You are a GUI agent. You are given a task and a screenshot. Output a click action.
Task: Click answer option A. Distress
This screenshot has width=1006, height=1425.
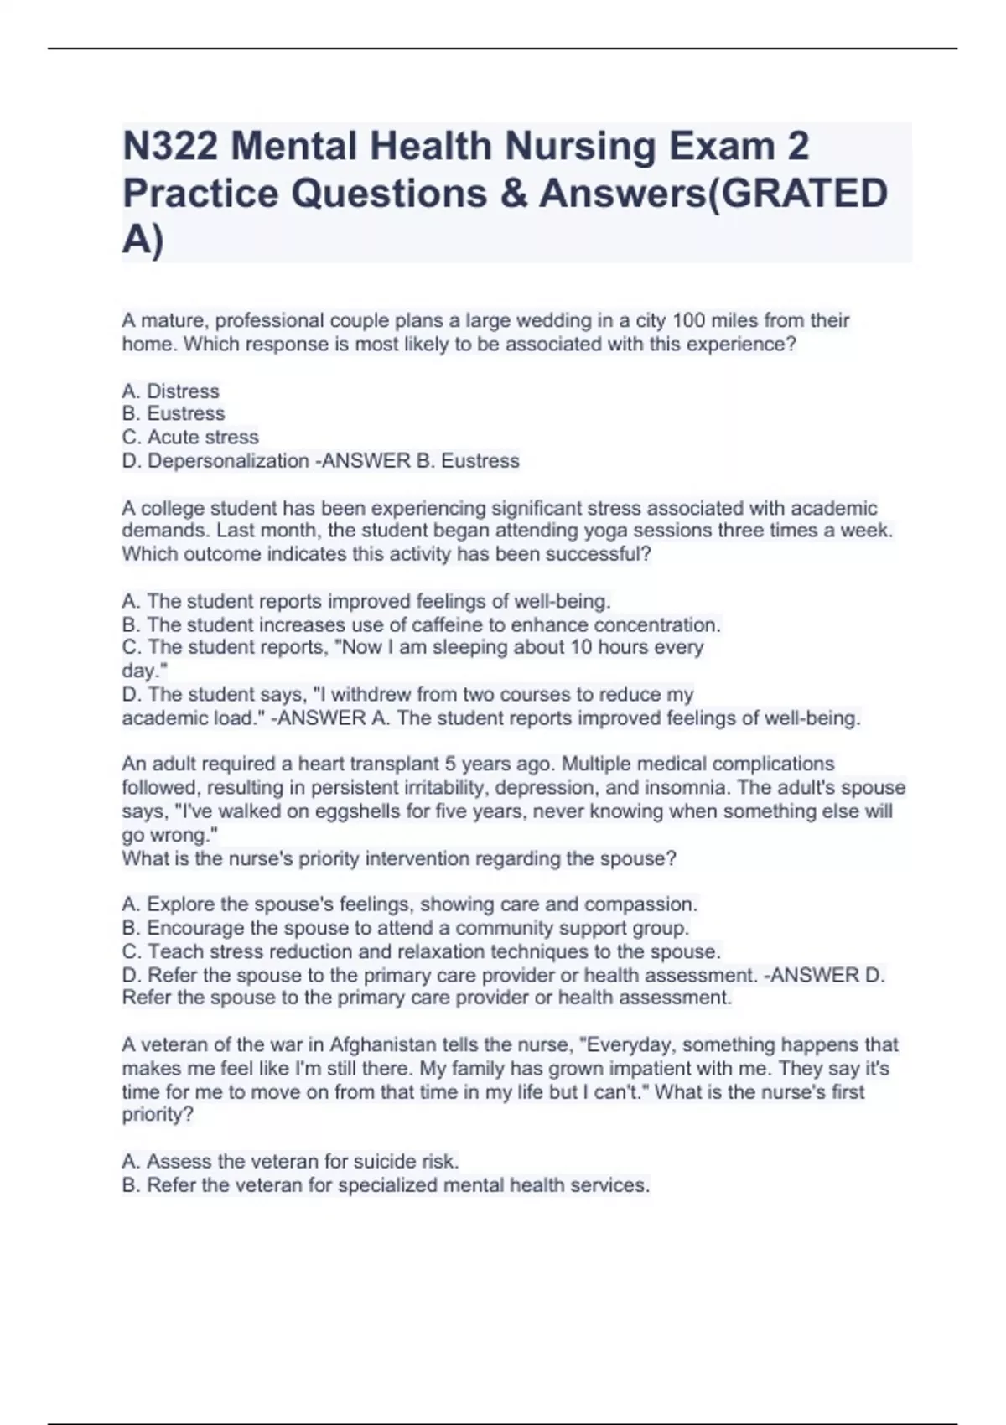click(170, 391)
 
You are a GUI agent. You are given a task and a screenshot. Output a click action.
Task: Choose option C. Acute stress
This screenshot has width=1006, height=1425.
click(190, 438)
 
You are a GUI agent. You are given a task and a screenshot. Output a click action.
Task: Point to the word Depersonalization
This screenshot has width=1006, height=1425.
click(228, 461)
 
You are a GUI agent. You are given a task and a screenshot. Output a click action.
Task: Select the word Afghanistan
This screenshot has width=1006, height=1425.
click(382, 1045)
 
